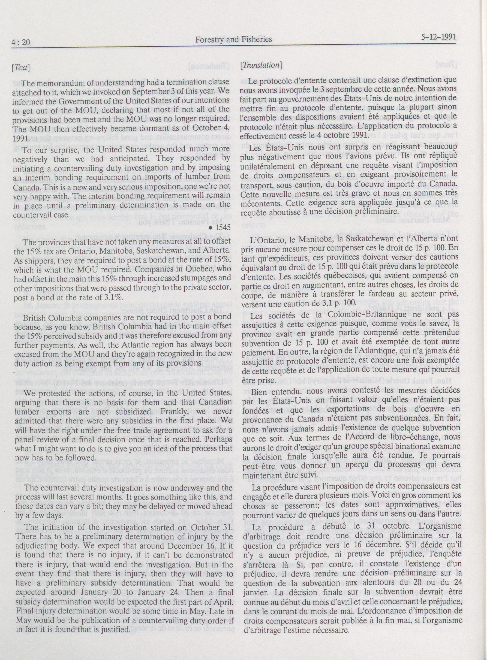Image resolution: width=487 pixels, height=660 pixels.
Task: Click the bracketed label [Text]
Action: [21, 68]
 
